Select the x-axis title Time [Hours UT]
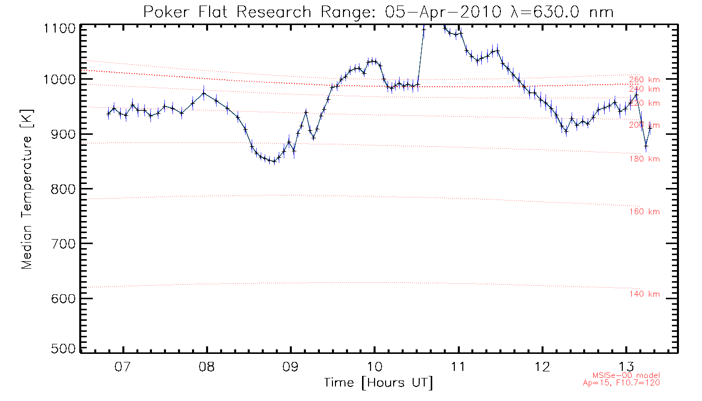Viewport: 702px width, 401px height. coord(378,383)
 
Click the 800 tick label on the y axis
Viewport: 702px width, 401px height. coord(63,189)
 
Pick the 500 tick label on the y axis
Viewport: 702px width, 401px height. coord(63,349)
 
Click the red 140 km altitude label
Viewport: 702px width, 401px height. coord(644,294)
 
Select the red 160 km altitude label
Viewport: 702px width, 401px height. coord(644,212)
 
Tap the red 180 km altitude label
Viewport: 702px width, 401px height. coord(644,159)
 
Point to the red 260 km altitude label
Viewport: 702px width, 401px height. coord(644,80)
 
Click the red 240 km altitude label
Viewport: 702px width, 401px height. coord(644,89)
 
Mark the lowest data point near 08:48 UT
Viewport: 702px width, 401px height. coord(274,161)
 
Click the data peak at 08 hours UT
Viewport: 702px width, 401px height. coord(204,93)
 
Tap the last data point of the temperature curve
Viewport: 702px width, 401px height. coord(650,127)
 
